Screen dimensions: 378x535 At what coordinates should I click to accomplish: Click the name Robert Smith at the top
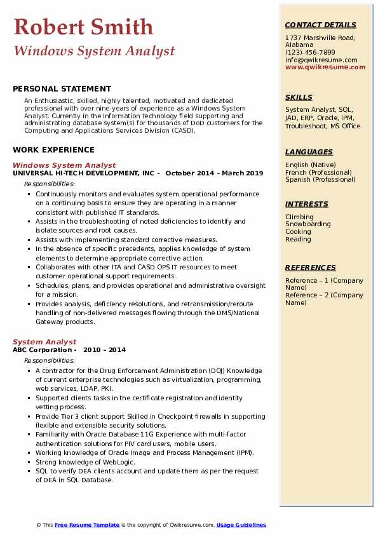(x=83, y=27)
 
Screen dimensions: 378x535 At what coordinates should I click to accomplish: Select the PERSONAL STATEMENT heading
(x=62, y=89)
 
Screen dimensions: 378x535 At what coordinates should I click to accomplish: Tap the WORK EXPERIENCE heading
(x=53, y=150)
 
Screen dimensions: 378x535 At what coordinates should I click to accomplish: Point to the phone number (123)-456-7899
(x=310, y=53)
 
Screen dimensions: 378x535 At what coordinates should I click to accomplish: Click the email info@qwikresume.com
(x=321, y=60)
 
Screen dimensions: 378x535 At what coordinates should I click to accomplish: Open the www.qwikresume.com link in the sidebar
(x=321, y=67)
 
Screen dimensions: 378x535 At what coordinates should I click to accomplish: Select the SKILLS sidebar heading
(x=299, y=97)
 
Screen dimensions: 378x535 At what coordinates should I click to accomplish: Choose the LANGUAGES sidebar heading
(x=309, y=152)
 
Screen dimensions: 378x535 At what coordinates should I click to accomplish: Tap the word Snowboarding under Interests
(x=307, y=224)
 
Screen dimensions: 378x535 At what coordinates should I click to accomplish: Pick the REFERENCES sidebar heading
(x=310, y=267)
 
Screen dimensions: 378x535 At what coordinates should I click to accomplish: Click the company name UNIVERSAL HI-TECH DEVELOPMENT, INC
(x=83, y=173)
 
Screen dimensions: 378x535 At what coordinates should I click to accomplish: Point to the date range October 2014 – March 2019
(x=215, y=173)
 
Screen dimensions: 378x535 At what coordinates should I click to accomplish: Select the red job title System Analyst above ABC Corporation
(x=44, y=342)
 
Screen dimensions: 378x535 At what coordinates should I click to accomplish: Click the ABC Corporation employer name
(x=42, y=349)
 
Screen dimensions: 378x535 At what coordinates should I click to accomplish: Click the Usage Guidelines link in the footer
(x=241, y=525)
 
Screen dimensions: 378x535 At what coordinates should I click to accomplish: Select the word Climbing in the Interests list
(x=299, y=217)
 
